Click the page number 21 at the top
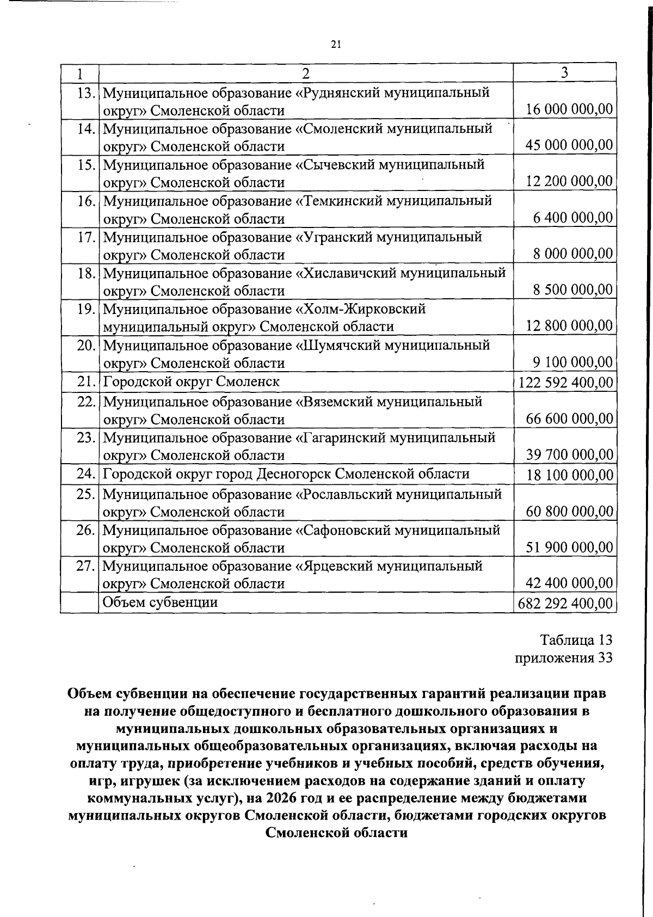pyautogui.click(x=335, y=45)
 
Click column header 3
pyautogui.click(x=564, y=72)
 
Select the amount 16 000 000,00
pyautogui.click(x=569, y=109)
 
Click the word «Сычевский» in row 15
pyautogui.click(x=336, y=165)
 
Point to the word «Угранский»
pyautogui.click(x=333, y=237)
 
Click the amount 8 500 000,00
pyautogui.click(x=573, y=290)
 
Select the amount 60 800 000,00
pyautogui.click(x=569, y=512)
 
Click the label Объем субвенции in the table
pyautogui.click(x=161, y=602)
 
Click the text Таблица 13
pyautogui.click(x=576, y=639)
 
